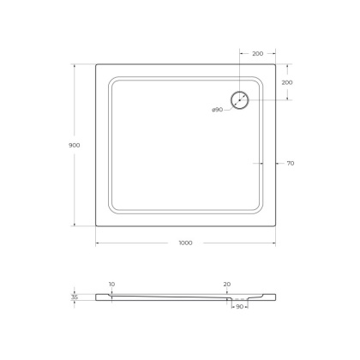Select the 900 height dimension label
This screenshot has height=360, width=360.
coord(74,145)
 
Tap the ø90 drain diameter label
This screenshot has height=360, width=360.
coord(219,110)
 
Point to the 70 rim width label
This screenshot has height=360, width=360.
coord(291,163)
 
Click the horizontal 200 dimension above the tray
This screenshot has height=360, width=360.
coord(258,53)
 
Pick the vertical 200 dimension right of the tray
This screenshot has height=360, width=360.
coord(288,81)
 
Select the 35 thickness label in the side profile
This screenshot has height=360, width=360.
coord(75,297)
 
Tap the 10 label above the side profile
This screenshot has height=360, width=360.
coord(111,284)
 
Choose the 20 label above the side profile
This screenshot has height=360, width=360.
coord(227,284)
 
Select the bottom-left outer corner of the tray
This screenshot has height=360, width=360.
coord(95,225)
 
